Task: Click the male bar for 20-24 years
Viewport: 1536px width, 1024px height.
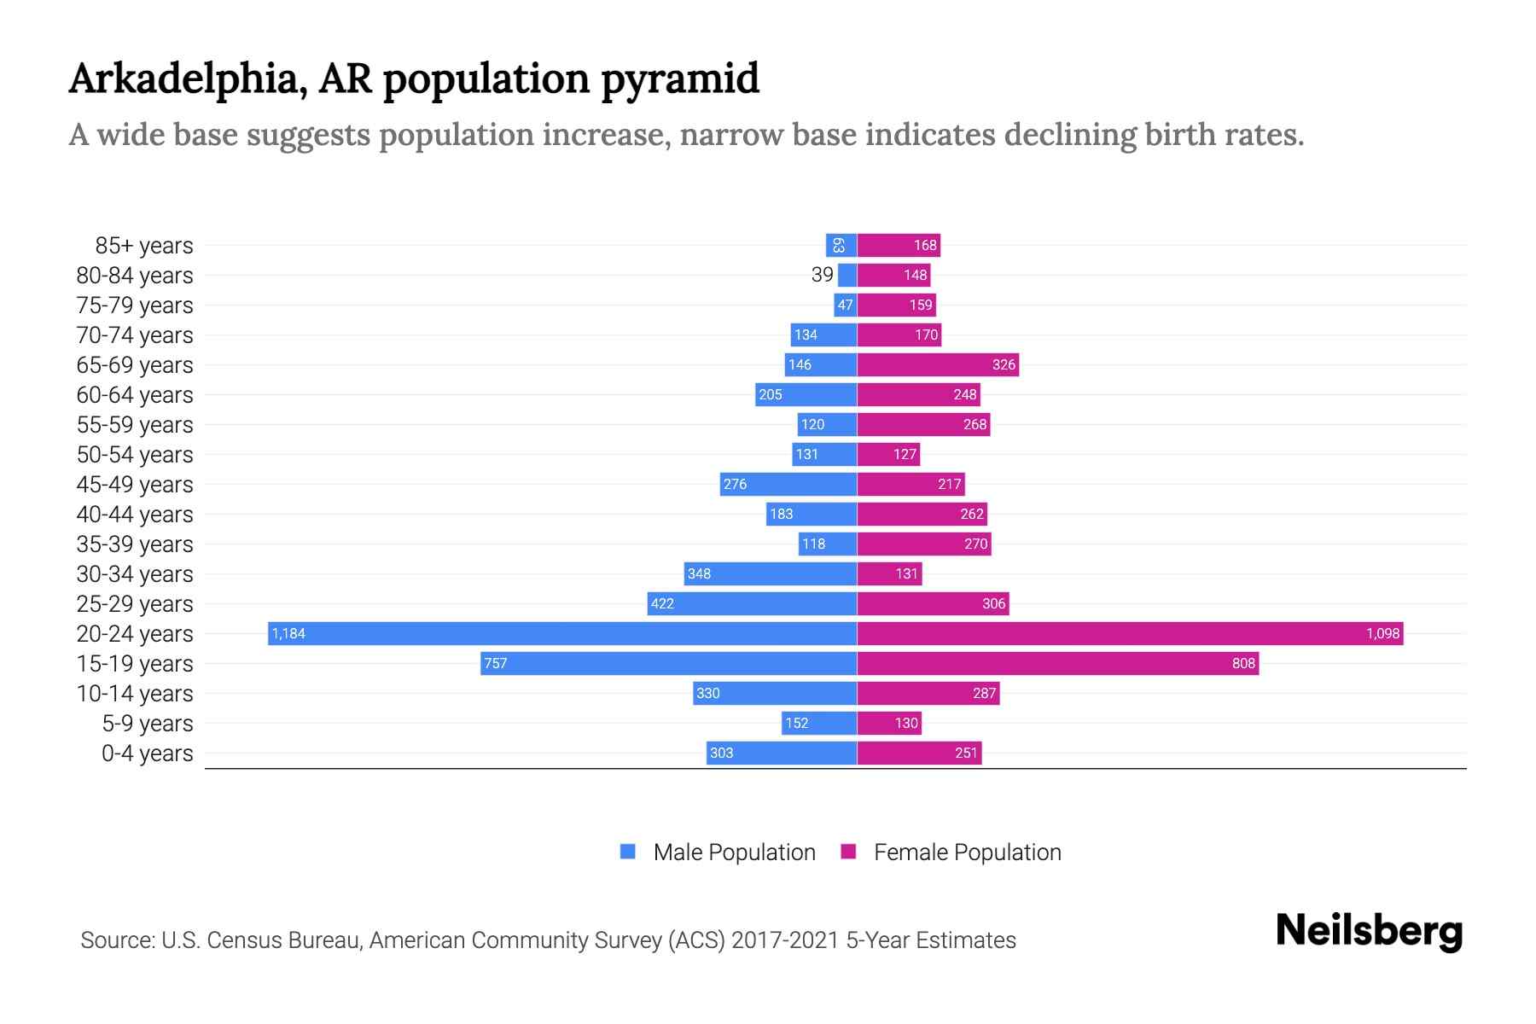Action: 563,633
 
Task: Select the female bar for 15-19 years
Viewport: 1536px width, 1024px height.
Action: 1058,663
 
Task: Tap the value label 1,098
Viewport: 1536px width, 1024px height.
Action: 1382,633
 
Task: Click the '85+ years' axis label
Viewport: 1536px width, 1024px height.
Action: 143,246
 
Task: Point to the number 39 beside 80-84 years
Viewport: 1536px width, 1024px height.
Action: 822,275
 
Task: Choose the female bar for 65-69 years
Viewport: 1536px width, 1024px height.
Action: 938,364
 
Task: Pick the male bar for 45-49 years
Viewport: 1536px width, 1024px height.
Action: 788,484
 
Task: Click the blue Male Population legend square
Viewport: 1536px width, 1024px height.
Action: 628,852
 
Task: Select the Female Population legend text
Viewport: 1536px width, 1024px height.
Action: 967,852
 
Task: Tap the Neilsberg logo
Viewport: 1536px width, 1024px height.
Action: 1369,931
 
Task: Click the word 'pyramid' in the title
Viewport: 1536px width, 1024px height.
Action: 679,79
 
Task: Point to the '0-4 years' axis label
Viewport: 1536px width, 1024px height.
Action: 147,753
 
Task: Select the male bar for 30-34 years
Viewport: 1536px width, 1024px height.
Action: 770,573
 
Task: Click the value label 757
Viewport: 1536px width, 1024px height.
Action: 496,663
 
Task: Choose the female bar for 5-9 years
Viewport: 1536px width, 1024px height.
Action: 889,723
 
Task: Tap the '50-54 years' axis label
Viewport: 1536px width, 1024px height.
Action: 135,455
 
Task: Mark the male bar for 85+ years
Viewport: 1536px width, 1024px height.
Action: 841,245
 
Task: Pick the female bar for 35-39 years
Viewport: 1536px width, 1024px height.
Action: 924,544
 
